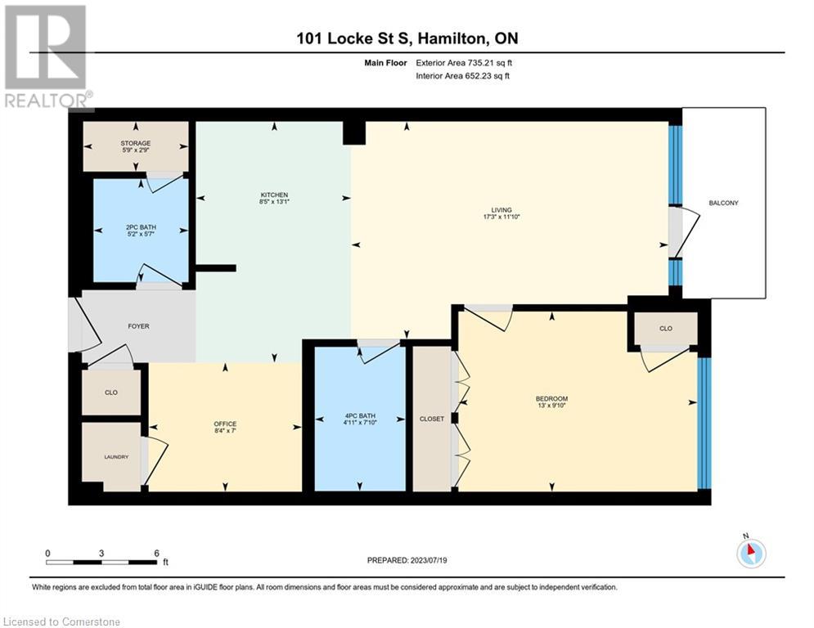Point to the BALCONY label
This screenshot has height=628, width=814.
[x=724, y=203]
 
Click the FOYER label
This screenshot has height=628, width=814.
[x=138, y=326]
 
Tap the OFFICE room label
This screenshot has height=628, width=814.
[x=225, y=424]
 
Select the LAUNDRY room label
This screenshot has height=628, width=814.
[x=115, y=457]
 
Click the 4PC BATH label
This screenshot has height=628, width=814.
[x=361, y=416]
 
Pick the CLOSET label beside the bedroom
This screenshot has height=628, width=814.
[x=431, y=419]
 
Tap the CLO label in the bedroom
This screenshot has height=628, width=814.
[x=665, y=329]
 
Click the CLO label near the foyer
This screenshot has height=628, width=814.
[x=111, y=392]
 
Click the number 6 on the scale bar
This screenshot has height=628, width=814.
[x=155, y=553]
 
